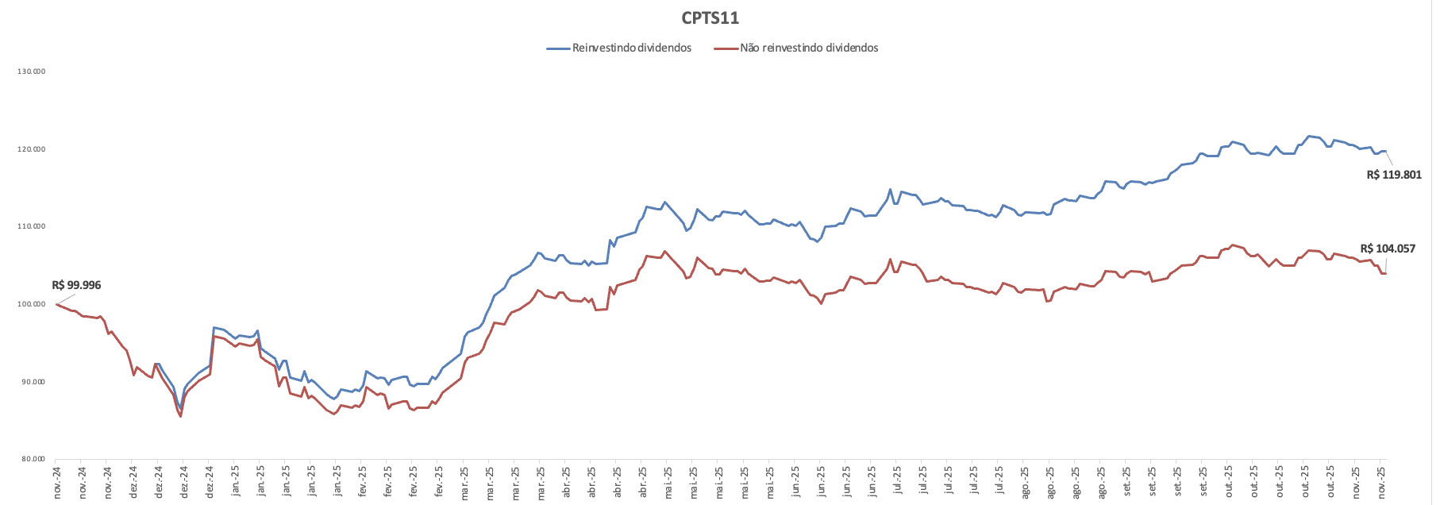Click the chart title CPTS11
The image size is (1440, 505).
(x=710, y=17)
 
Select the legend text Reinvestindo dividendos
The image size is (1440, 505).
(x=631, y=48)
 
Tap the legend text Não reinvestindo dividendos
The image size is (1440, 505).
(x=809, y=48)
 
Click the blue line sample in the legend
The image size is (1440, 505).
(x=558, y=48)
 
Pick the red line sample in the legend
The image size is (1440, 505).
(x=726, y=48)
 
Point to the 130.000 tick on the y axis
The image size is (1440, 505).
(x=33, y=71)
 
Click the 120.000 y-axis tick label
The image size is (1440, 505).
(x=33, y=149)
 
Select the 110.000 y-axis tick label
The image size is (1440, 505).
(x=33, y=226)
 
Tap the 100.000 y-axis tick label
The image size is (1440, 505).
(x=33, y=304)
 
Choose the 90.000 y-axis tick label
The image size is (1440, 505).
(x=33, y=382)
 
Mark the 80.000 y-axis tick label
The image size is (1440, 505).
(x=33, y=459)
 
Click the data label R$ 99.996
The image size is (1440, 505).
(x=76, y=285)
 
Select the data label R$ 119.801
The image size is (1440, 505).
(x=1394, y=175)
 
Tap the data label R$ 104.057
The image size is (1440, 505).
(x=1388, y=249)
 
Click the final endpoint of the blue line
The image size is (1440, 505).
(x=1385, y=151)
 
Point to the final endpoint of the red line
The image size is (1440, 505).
(x=1385, y=273)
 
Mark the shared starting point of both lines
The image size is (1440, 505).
(x=56, y=304)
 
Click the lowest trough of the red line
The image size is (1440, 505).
(x=181, y=416)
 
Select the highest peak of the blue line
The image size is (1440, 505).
(x=1309, y=136)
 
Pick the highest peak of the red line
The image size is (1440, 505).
(x=1232, y=245)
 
